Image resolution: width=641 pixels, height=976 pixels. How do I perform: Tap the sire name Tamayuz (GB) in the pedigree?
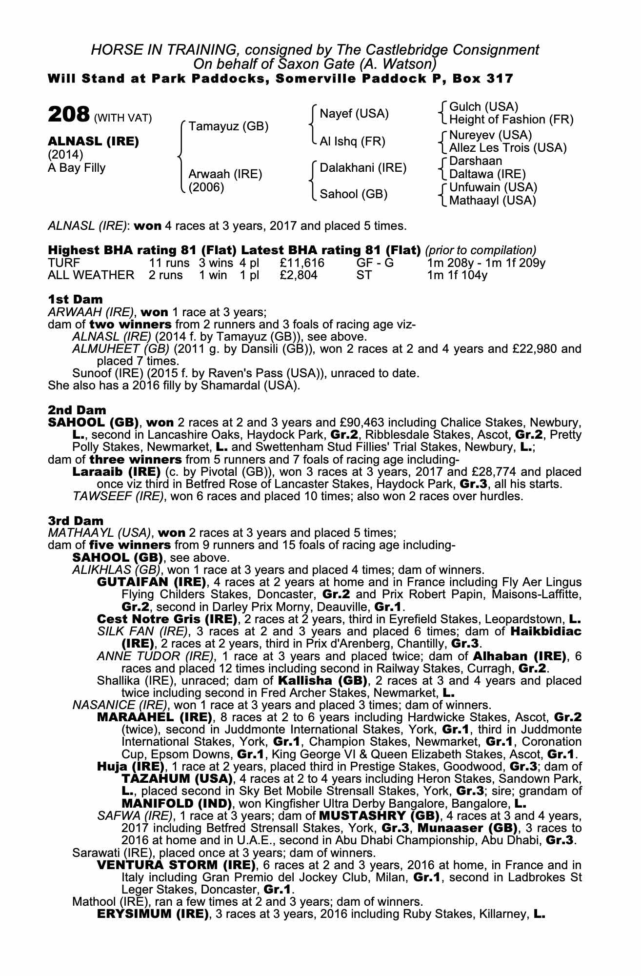point(228,126)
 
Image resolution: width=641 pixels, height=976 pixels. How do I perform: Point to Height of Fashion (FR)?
point(511,120)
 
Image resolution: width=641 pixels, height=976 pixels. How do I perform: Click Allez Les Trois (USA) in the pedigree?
point(507,147)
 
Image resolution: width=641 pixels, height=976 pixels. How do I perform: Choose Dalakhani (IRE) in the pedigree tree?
point(363,168)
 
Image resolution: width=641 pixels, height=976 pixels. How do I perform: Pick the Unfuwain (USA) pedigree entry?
point(493,187)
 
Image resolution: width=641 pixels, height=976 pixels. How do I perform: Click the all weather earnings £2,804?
point(299,275)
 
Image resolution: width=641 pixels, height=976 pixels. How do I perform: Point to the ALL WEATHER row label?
point(91,275)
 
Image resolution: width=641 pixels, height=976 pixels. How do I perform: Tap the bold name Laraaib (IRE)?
point(117,472)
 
